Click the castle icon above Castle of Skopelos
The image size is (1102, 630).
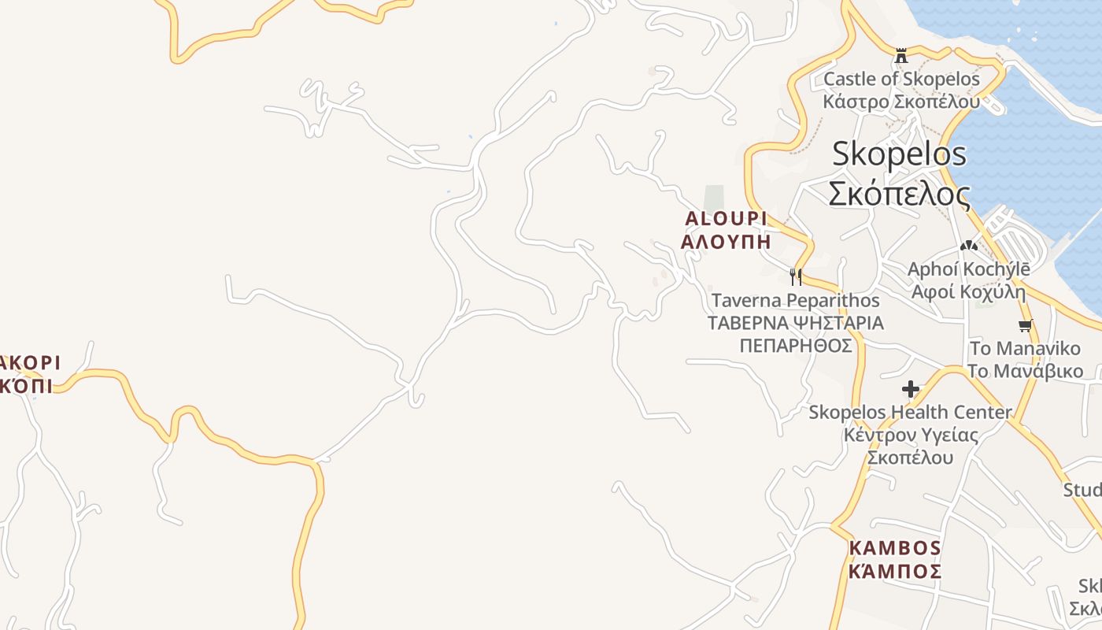click(901, 56)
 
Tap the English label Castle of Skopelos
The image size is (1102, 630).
click(901, 79)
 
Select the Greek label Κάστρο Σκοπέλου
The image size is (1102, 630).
click(901, 102)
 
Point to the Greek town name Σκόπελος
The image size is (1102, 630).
click(899, 193)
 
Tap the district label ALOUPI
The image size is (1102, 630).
click(726, 218)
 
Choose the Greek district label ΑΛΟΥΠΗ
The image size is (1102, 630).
click(726, 242)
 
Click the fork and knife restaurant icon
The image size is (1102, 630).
click(795, 276)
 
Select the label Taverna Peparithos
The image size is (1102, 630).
click(795, 300)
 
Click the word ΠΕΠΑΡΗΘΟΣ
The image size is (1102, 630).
click(796, 346)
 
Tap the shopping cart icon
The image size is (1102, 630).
click(1025, 325)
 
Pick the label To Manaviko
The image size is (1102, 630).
click(1025, 348)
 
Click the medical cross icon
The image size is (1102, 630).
click(911, 389)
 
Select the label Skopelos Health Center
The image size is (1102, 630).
click(911, 412)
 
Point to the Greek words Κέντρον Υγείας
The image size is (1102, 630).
click(911, 435)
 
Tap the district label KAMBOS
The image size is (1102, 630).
click(895, 547)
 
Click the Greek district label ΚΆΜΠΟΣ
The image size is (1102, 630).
click(895, 571)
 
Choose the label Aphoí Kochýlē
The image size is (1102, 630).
click(968, 269)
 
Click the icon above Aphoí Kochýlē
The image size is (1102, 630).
click(968, 246)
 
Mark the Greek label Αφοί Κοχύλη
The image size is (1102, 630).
click(968, 292)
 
